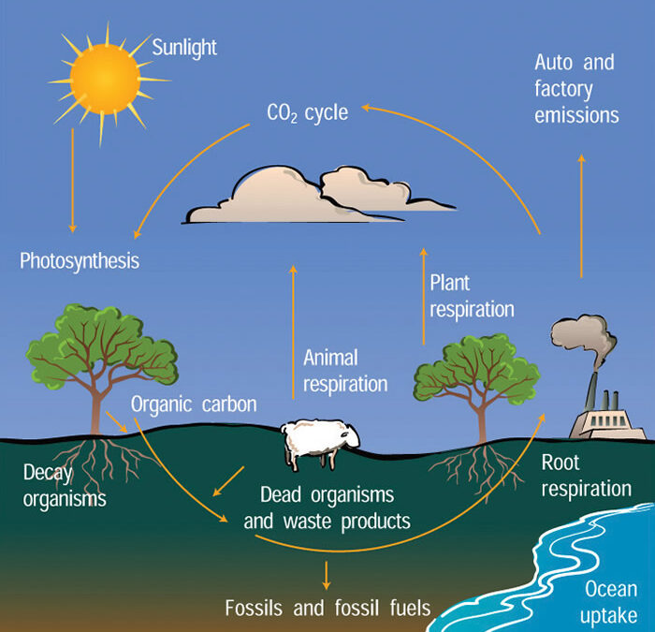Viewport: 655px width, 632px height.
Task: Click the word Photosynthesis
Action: pyautogui.click(x=80, y=259)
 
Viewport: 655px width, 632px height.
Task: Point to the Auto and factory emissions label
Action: pyautogui.click(x=575, y=90)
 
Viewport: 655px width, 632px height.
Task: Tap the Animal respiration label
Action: pyautogui.click(x=344, y=371)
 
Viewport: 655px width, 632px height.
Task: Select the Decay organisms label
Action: pyautogui.click(x=53, y=485)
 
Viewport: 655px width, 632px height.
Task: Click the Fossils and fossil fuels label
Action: pyautogui.click(x=327, y=608)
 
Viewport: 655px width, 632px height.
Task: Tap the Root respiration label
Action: pyautogui.click(x=586, y=475)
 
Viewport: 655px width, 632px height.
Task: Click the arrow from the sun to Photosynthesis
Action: pyautogui.click(x=73, y=183)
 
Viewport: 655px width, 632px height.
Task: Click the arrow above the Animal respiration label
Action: pyautogui.click(x=293, y=309)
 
